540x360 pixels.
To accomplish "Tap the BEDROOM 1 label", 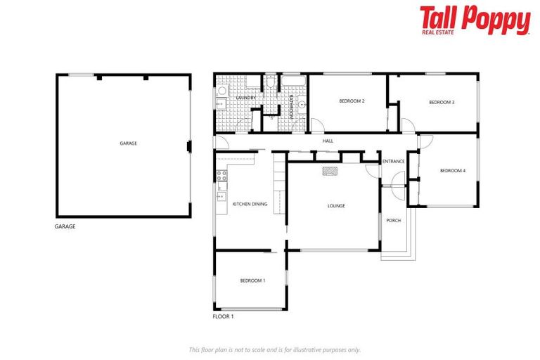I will pos(252,281).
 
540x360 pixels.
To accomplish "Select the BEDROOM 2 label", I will pos(352,101).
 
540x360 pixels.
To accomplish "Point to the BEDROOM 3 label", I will pos(442,102).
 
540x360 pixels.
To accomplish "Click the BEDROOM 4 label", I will pos(452,170).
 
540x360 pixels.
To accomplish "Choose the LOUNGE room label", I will pos(336,205).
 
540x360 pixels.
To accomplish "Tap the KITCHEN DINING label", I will pos(250,204).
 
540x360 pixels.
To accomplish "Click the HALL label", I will pos(328,141).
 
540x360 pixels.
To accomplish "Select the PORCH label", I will pos(393,220).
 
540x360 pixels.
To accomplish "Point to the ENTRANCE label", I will pos(393,162).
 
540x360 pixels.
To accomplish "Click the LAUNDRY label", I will pos(245,98).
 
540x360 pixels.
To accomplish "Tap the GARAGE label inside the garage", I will pos(128,143).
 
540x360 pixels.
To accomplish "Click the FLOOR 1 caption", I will pos(223,317).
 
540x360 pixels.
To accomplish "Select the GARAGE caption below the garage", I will pos(65,226).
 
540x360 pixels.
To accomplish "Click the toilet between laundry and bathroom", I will pos(270,84).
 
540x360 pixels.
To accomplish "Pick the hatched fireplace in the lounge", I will pos(330,170).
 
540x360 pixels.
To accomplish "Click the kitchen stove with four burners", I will pos(221,176).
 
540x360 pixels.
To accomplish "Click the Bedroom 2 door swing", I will pos(317,126).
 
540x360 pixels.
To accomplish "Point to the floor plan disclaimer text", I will pos(274,349).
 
